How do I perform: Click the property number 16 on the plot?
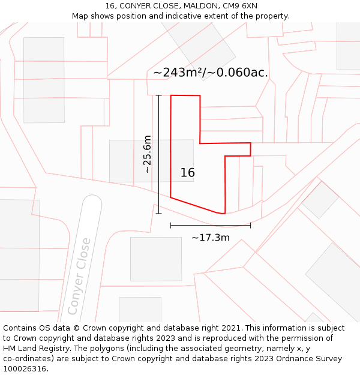pyautogui.click(x=188, y=173)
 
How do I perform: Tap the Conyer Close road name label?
pyautogui.click(x=79, y=276)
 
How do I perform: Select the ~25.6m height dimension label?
pyautogui.click(x=148, y=154)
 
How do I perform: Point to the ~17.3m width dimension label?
pyautogui.click(x=211, y=238)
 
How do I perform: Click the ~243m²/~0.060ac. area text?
pyautogui.click(x=211, y=73)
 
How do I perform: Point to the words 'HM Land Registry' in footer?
pyautogui.click(x=34, y=349)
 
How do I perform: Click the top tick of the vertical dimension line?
pyautogui.click(x=159, y=95)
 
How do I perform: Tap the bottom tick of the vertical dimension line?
pyautogui.click(x=159, y=213)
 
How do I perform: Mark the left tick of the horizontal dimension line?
pyautogui.click(x=171, y=226)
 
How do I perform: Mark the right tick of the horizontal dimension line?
pyautogui.click(x=250, y=226)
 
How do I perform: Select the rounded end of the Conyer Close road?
pyautogui.click(x=92, y=202)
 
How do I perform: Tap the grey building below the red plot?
pyautogui.click(x=156, y=259)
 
